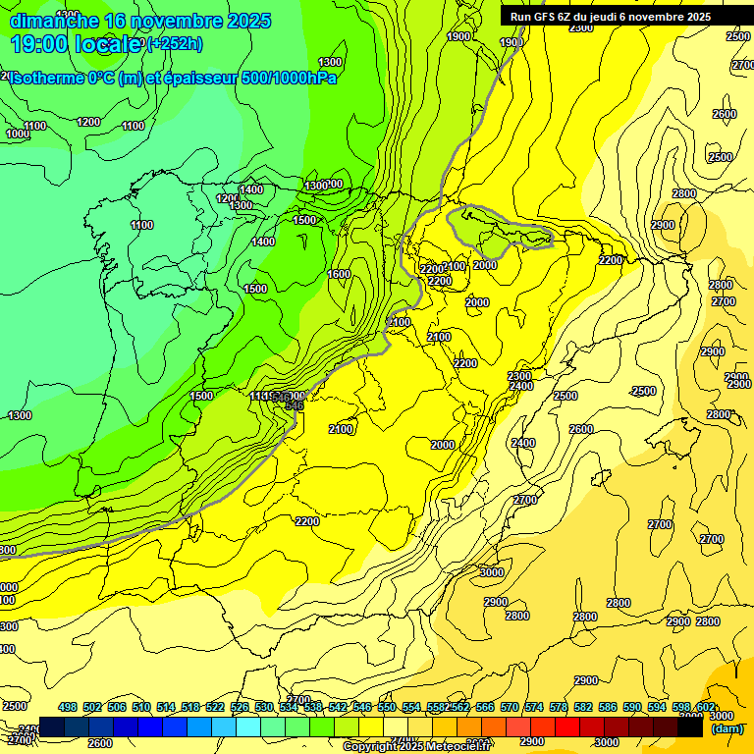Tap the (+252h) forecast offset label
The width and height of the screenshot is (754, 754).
point(175,43)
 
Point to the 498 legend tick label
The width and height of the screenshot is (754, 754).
point(68,707)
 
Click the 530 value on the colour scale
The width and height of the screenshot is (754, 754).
point(264,707)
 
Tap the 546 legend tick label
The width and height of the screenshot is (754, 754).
point(362,707)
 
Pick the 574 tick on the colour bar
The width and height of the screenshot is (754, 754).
point(534,707)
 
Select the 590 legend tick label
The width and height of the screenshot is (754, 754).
point(632,707)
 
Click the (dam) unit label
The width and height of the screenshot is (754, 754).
point(726,727)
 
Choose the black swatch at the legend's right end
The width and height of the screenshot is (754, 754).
point(690,727)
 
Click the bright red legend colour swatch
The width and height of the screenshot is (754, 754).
point(567,727)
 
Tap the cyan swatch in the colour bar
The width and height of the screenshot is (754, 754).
point(248,727)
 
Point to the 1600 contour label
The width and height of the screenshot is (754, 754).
point(339,275)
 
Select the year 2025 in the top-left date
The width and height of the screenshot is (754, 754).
point(246,21)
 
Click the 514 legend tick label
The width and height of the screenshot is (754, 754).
point(166,707)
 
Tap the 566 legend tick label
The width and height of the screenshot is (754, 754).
point(485,707)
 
